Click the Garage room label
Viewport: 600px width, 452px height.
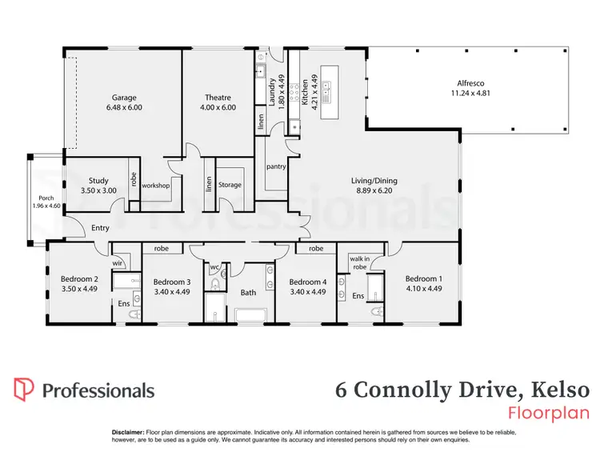(123, 98)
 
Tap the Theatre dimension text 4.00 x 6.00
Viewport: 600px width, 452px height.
(218, 107)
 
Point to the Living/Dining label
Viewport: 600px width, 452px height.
(374, 181)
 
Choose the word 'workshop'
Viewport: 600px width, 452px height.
(157, 186)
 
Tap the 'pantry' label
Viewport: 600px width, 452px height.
(276, 166)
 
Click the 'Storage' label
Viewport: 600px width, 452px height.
(230, 186)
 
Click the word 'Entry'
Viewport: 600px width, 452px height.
(100, 228)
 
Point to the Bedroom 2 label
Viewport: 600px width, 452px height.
(78, 280)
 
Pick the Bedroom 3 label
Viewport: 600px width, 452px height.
(172, 282)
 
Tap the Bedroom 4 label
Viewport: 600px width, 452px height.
(307, 282)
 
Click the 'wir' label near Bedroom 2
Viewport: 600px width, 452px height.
(117, 262)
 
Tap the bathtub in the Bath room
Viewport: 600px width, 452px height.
(250, 318)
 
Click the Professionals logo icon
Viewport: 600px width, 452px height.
(24, 390)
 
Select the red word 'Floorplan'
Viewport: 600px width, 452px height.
(549, 413)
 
